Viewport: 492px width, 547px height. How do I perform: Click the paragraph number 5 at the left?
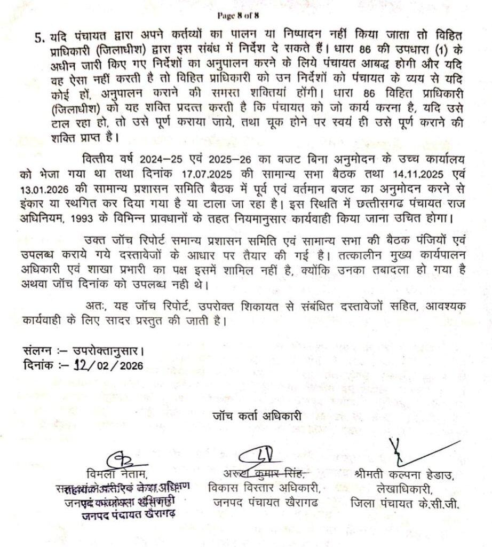coord(39,37)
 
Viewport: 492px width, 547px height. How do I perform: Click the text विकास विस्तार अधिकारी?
coord(265,488)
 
